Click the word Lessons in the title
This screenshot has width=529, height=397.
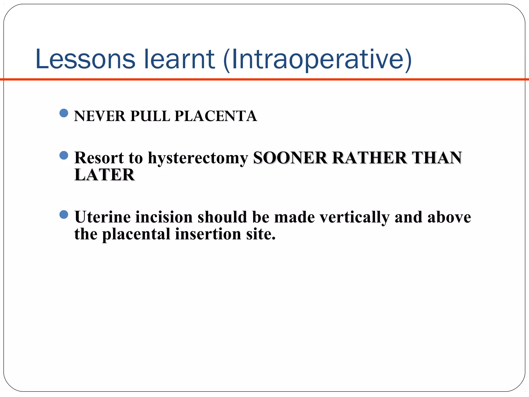click(x=85, y=59)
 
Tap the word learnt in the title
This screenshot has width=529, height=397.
click(x=179, y=59)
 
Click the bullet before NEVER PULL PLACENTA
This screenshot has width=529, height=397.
click(x=64, y=113)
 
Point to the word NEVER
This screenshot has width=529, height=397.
click(x=100, y=116)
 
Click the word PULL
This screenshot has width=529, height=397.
click(x=150, y=116)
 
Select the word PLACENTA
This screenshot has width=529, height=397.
click(x=216, y=116)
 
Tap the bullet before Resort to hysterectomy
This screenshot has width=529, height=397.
click(x=64, y=155)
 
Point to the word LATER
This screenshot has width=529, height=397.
click(x=104, y=175)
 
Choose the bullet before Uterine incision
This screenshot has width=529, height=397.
click(x=64, y=214)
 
